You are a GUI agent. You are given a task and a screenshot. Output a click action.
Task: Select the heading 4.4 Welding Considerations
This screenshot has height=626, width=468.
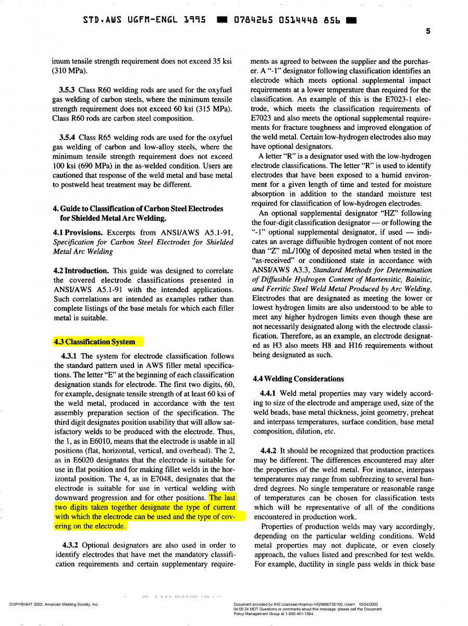pos(298,379)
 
